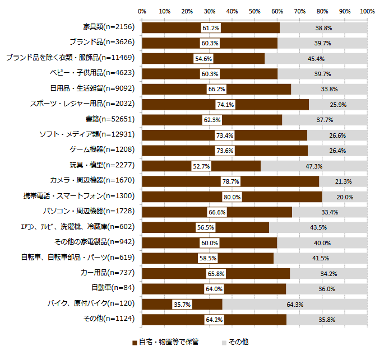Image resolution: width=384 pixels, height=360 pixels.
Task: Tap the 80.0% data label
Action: pos(232,197)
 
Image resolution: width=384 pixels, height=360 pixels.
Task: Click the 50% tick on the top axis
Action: pos(255,11)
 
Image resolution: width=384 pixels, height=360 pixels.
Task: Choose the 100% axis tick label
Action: pos(367,11)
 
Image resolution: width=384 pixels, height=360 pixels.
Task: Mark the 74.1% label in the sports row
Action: pos(225,105)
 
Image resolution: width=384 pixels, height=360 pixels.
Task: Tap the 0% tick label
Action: pos(142,11)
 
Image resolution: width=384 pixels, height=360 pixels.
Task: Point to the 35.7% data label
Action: pos(182,304)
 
